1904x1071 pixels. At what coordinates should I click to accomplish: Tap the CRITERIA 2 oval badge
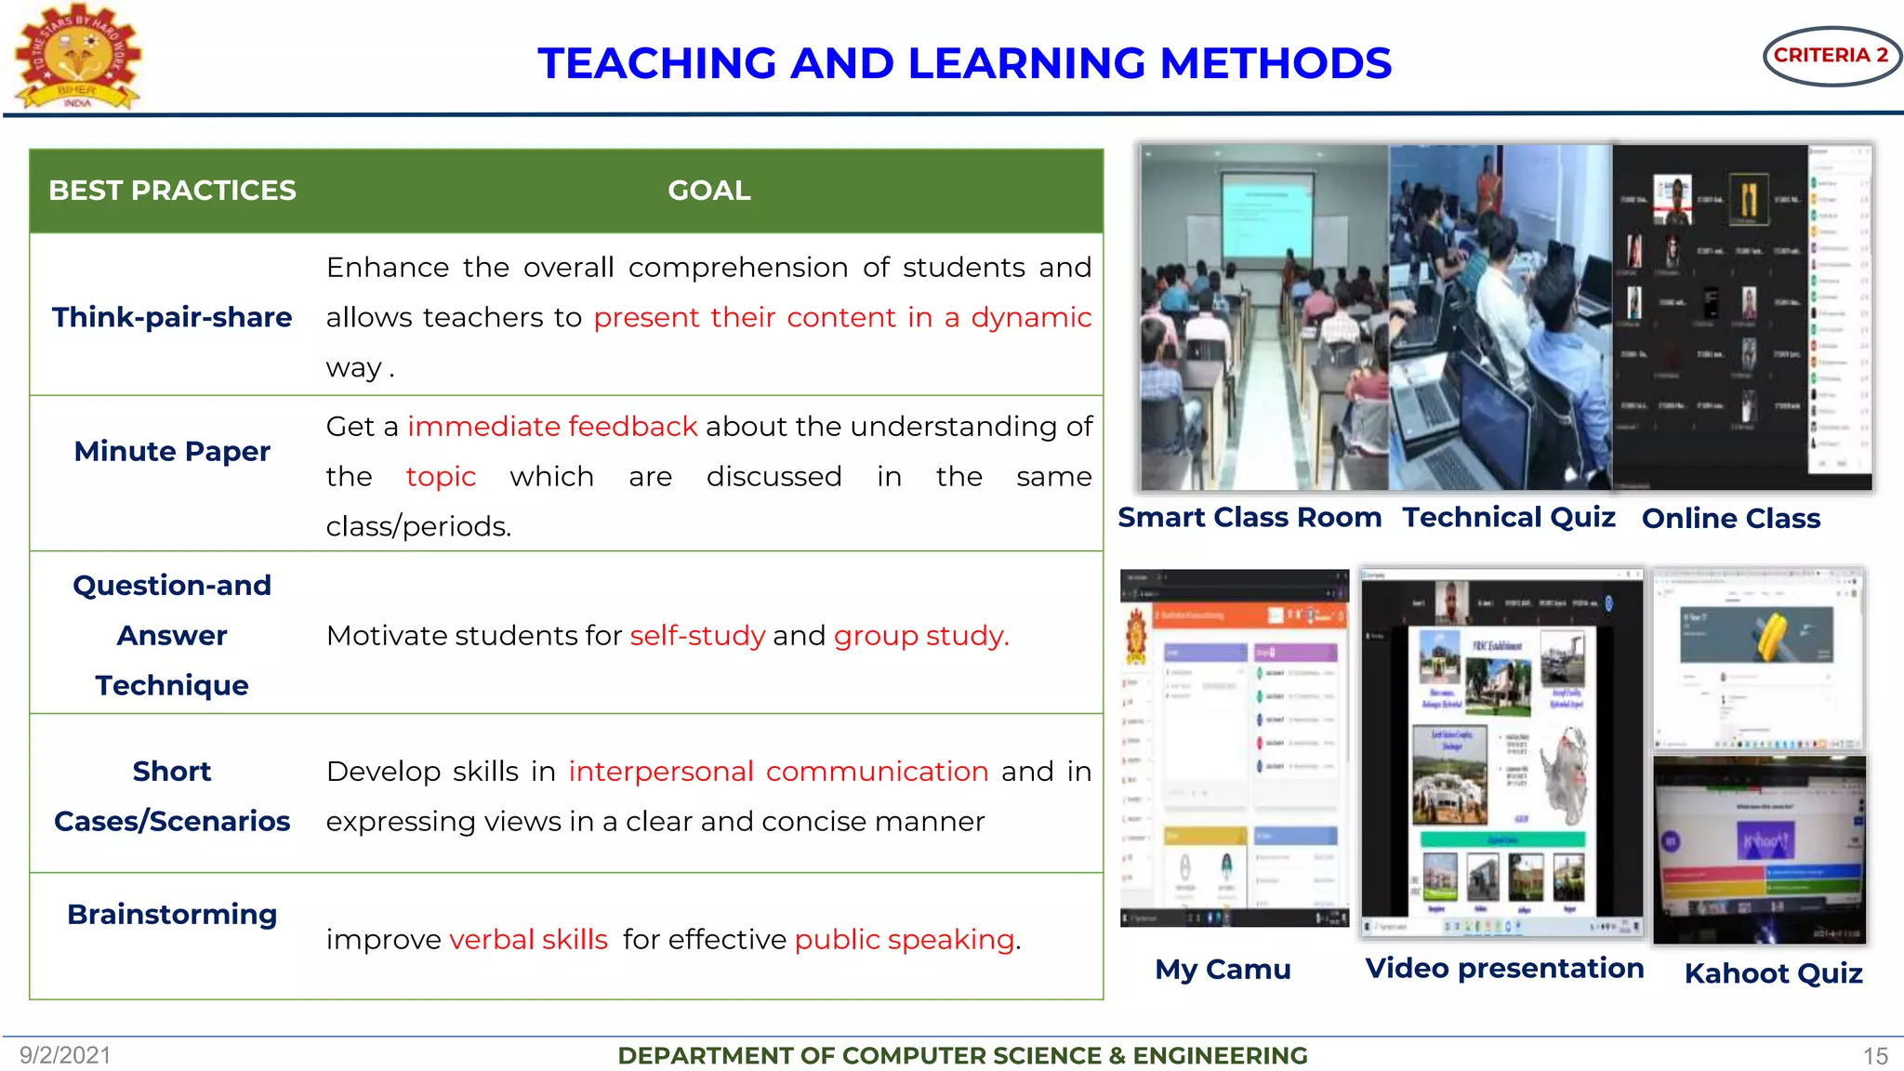tap(1831, 56)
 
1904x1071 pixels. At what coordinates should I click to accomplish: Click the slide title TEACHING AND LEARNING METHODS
tap(964, 63)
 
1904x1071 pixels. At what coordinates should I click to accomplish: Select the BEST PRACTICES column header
tap(172, 191)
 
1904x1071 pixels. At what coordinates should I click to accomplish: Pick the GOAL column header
tap(708, 191)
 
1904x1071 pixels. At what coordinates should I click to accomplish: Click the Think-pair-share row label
tap(172, 317)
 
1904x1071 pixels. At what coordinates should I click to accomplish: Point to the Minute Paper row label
tap(172, 451)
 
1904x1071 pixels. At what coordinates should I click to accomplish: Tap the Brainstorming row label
tap(172, 914)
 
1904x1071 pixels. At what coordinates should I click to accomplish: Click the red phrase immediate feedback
tap(552, 426)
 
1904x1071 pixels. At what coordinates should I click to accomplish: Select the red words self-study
tap(697, 635)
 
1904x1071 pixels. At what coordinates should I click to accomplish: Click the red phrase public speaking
tap(904, 939)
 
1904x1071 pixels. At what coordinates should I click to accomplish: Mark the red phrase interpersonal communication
tap(778, 771)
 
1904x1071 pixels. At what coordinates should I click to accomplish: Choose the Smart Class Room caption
tap(1249, 517)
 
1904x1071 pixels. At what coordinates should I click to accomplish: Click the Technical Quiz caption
tap(1509, 517)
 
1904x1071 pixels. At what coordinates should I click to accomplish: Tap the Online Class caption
tap(1730, 518)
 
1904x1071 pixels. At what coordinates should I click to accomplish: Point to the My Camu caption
tap(1223, 969)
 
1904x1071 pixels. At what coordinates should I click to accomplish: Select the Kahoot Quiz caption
tap(1773, 972)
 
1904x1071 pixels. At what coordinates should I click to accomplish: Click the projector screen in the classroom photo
tap(1266, 220)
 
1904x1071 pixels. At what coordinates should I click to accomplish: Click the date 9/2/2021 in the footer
tap(65, 1055)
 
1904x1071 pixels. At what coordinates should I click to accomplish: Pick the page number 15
tap(1875, 1056)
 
